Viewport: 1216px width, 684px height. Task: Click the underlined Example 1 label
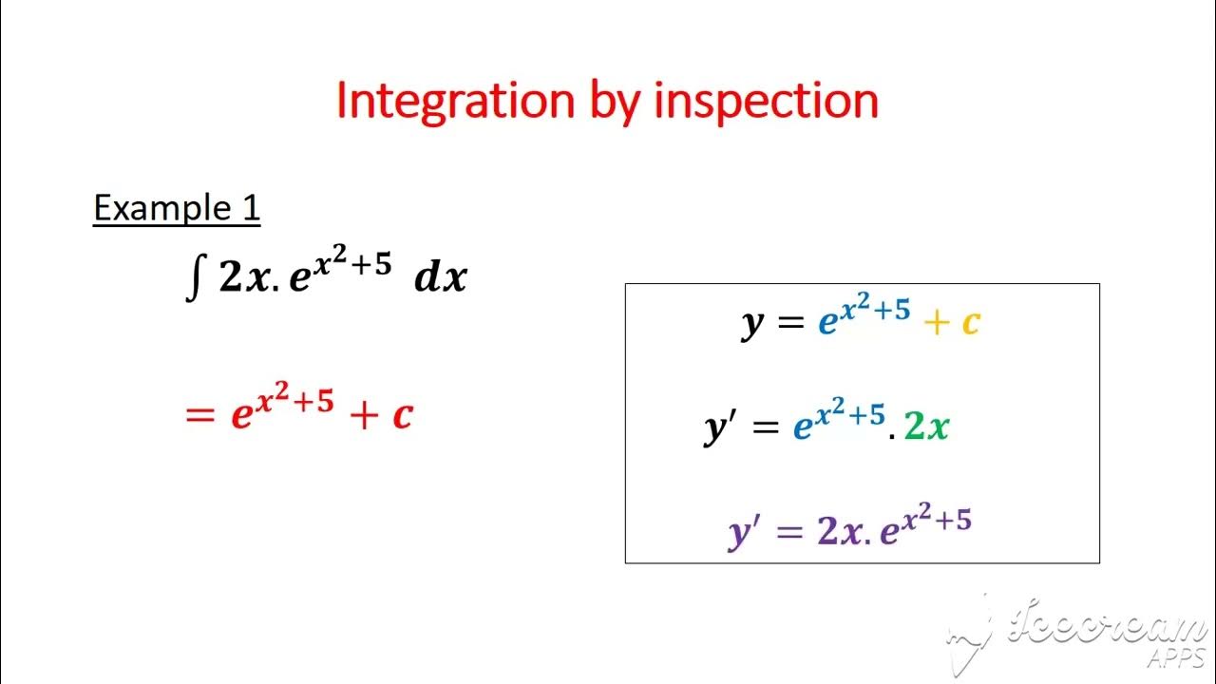pos(176,208)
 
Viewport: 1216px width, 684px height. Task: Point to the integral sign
pos(193,279)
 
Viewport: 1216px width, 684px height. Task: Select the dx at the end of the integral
pos(441,277)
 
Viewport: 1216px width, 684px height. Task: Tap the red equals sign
pos(199,415)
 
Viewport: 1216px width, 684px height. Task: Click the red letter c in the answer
pos(402,415)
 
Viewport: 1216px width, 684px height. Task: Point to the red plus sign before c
pos(363,415)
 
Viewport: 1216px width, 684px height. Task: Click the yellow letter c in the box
pos(970,324)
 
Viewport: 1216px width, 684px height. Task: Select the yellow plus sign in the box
pos(936,324)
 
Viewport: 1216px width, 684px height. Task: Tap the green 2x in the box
pos(926,427)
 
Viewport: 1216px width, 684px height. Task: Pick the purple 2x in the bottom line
pos(837,531)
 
